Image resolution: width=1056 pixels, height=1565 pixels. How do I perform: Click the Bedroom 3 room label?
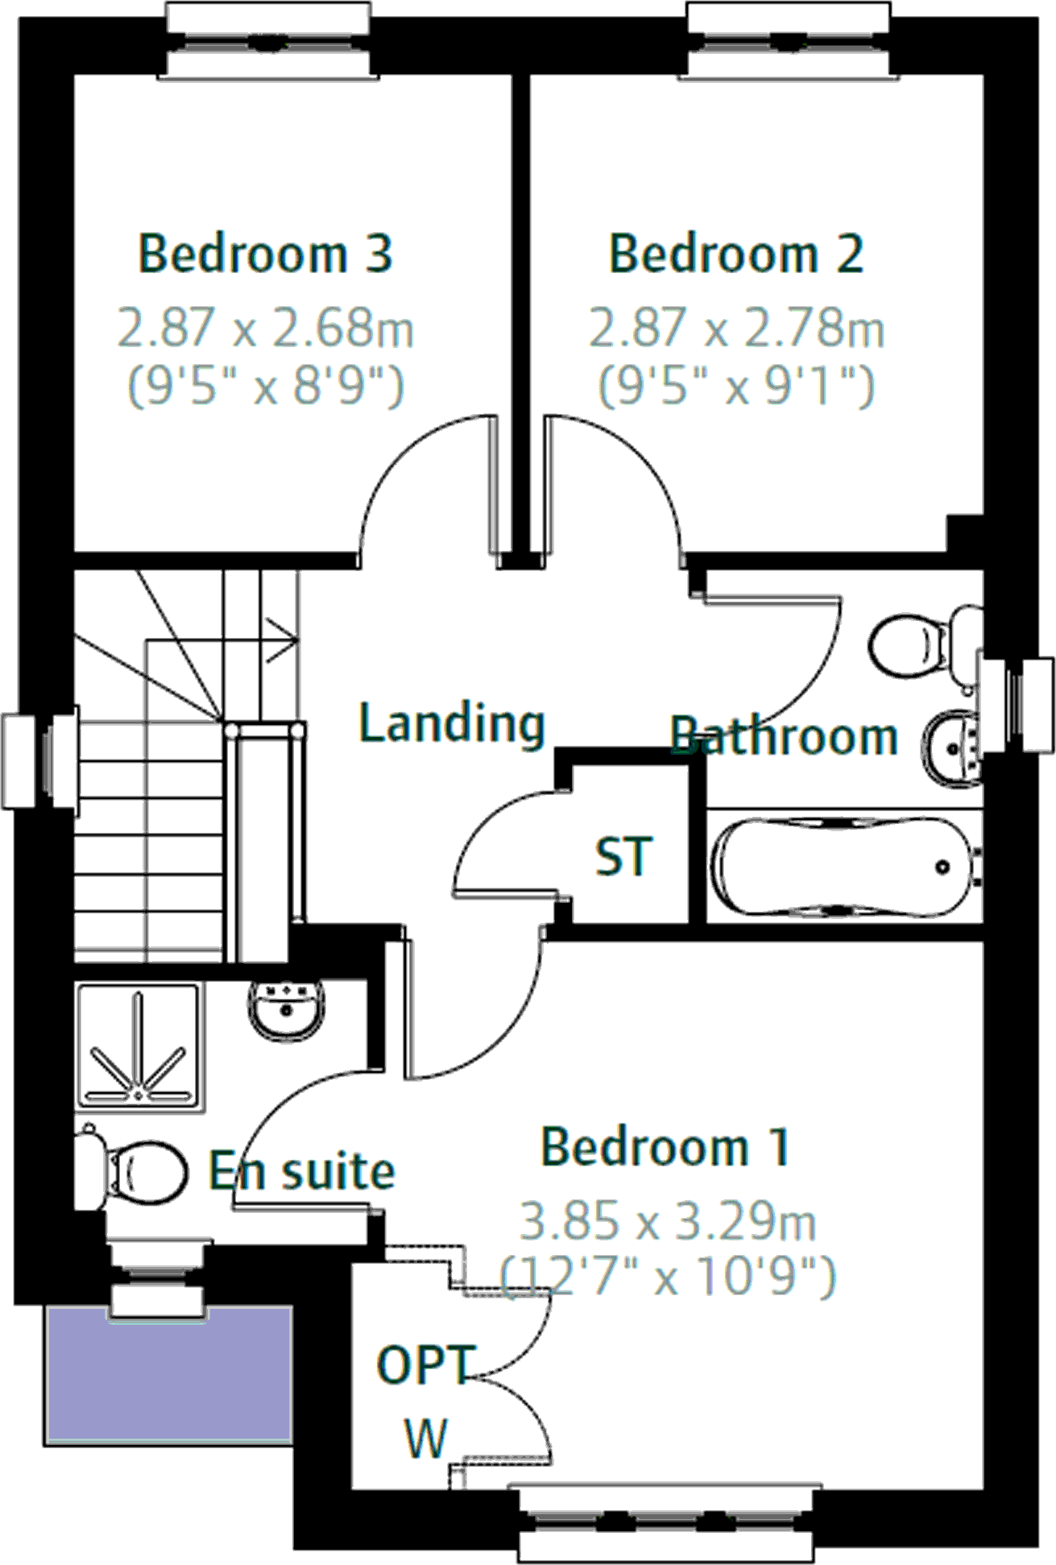pyautogui.click(x=265, y=254)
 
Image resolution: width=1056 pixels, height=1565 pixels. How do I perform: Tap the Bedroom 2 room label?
pyautogui.click(x=736, y=254)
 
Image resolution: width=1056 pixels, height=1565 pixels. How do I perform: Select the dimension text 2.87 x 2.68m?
pyautogui.click(x=265, y=329)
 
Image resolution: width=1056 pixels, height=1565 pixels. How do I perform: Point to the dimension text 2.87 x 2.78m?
pyautogui.click(x=736, y=329)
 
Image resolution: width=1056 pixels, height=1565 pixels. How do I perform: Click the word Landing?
pyautogui.click(x=451, y=722)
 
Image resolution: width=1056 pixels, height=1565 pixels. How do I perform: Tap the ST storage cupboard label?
pyautogui.click(x=622, y=856)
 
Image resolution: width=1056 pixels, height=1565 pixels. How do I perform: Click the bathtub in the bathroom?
pyautogui.click(x=842, y=867)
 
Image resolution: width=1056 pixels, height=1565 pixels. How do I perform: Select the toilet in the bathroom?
pyautogui.click(x=918, y=646)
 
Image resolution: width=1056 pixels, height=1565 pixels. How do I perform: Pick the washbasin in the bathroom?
pyautogui.click(x=952, y=747)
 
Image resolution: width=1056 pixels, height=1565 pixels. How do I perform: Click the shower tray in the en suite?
pyautogui.click(x=138, y=1047)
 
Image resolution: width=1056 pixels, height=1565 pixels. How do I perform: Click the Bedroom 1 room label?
pyautogui.click(x=665, y=1147)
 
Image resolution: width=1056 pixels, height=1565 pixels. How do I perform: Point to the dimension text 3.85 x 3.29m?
pyautogui.click(x=668, y=1221)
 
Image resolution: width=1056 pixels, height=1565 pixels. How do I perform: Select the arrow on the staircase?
pyautogui.click(x=282, y=640)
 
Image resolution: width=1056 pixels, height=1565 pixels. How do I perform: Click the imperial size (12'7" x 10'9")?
pyautogui.click(x=668, y=1276)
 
